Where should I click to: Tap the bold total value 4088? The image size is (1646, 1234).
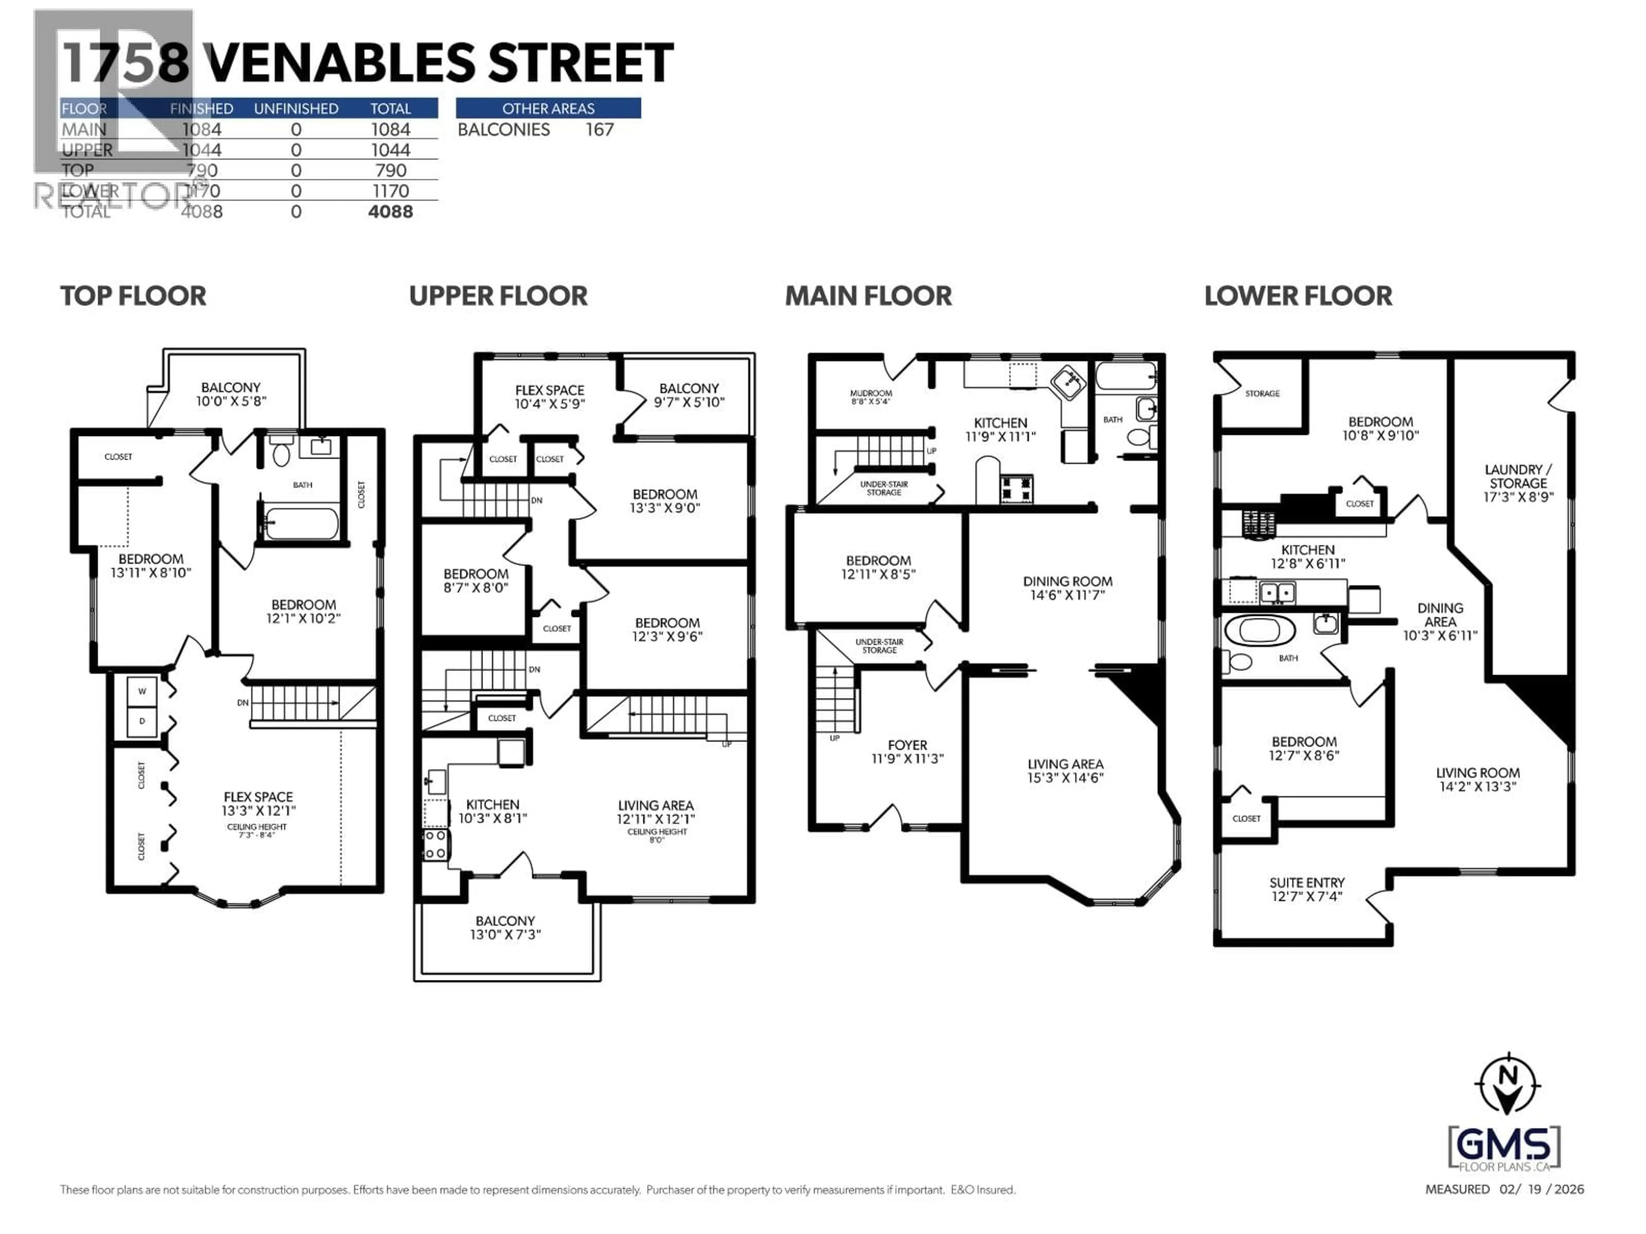[x=390, y=212]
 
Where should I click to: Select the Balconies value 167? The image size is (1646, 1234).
[x=599, y=130]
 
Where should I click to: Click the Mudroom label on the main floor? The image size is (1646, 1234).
[x=871, y=396]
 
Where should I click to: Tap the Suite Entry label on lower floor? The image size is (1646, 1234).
[x=1307, y=890]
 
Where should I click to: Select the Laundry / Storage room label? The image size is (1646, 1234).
[x=1518, y=483]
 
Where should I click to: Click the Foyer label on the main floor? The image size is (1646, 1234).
[x=907, y=751]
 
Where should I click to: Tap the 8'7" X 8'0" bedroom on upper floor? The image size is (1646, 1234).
[x=475, y=580]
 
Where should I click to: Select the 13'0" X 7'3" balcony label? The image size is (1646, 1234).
[x=505, y=928]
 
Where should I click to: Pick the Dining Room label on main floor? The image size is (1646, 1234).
[x=1067, y=587]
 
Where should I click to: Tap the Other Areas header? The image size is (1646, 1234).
[x=548, y=108]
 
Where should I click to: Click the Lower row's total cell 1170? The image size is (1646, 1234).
[x=390, y=191]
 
